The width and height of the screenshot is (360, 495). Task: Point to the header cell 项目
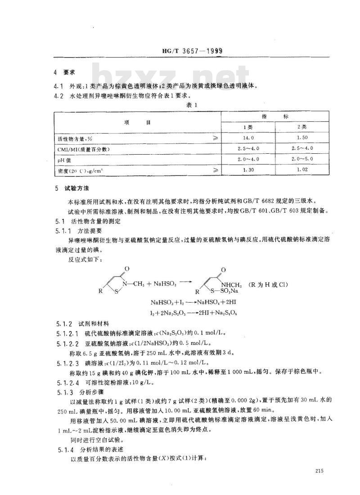coord(138,122)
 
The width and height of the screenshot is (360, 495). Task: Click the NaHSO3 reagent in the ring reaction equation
coord(166,284)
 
